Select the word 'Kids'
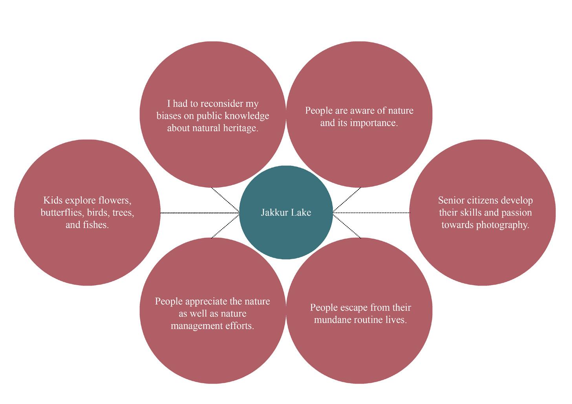pyautogui.click(x=53, y=200)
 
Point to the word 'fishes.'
pyautogui.click(x=95, y=225)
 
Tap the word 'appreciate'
pyautogui.click(x=206, y=301)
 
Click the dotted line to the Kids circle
pyautogui.click(x=199, y=213)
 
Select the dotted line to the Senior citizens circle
pyautogui.click(x=371, y=213)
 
